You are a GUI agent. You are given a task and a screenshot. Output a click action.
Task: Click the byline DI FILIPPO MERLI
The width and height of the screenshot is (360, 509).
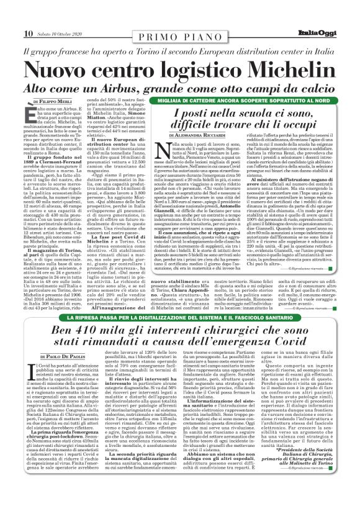(x=55, y=100)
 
